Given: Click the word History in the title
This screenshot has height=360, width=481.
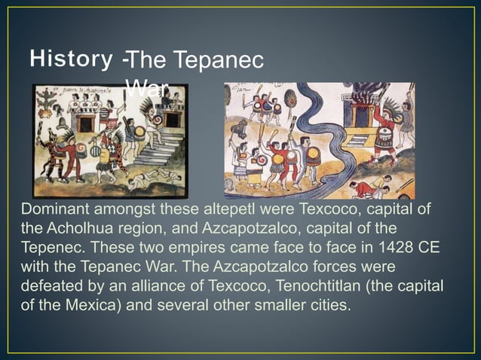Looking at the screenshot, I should pyautogui.click(x=72, y=57).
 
